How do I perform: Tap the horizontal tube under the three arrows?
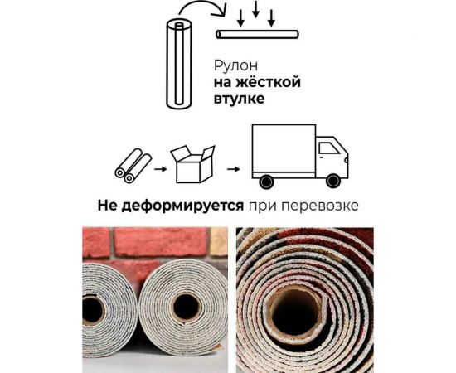click(x=258, y=36)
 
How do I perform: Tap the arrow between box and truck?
click(x=234, y=169)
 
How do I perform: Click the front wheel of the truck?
click(x=332, y=180)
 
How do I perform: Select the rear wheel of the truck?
click(x=266, y=180)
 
